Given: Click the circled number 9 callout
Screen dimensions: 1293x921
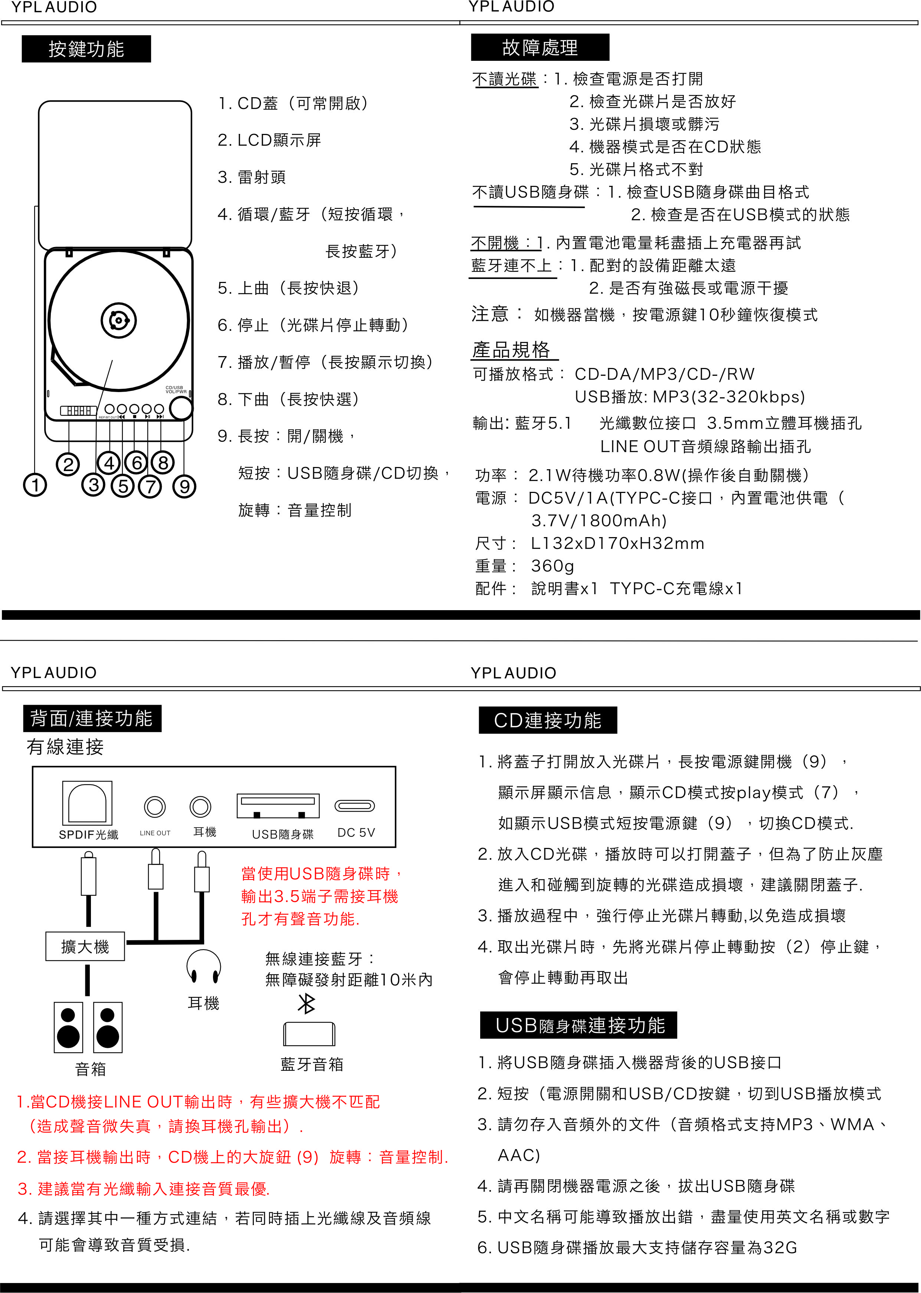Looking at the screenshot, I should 184,486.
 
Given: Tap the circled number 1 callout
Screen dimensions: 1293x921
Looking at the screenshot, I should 35,485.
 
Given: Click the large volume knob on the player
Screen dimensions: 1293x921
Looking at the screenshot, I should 181,408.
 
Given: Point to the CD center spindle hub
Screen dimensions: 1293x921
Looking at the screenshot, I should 118,321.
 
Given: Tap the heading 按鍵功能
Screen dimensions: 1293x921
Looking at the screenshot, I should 86,49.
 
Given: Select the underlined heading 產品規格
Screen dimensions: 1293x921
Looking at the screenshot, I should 512,350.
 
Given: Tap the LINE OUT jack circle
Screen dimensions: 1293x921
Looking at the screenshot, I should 155,807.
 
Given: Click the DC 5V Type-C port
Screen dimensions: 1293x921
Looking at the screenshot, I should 354,806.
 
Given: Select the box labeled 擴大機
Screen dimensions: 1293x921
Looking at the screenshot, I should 85,947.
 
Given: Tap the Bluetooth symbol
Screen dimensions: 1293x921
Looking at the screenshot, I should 306,1003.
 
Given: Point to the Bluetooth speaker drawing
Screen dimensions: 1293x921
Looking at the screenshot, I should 309,1034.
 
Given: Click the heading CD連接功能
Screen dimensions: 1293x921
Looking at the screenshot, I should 547,720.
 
